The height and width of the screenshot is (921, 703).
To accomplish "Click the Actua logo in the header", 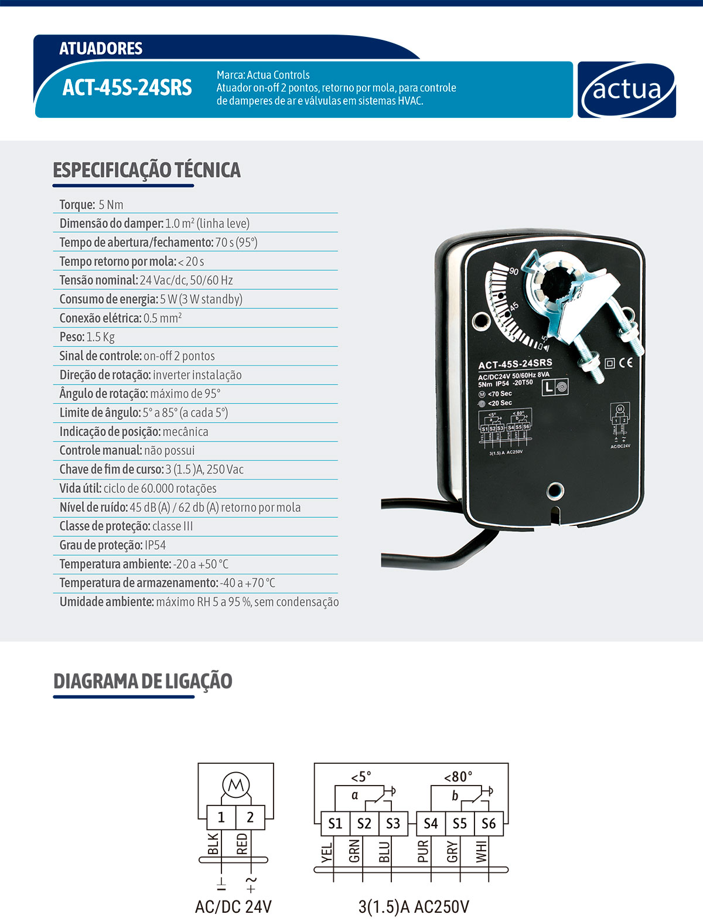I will [x=626, y=90].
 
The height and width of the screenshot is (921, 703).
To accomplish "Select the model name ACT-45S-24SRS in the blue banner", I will [x=127, y=88].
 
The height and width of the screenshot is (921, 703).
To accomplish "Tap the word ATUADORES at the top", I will [x=101, y=48].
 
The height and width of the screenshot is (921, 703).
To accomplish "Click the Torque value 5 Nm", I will [x=111, y=205].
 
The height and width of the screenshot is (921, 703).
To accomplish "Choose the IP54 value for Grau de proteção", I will [x=155, y=545].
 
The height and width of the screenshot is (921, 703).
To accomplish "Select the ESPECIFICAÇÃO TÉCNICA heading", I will [x=146, y=170].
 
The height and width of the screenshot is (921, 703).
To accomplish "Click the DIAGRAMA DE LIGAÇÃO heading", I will [x=142, y=681].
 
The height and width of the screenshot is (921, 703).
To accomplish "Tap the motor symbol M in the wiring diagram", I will [x=236, y=784].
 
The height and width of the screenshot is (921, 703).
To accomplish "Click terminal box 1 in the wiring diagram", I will [x=221, y=817].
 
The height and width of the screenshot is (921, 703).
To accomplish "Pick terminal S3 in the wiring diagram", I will [x=393, y=824].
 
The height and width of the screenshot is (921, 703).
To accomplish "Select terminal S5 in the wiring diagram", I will [x=459, y=824].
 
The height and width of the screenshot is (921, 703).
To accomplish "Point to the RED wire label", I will [x=242, y=845].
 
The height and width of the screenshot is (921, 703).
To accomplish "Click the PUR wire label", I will [x=423, y=851].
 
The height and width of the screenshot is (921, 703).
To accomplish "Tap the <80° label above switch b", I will [x=458, y=777].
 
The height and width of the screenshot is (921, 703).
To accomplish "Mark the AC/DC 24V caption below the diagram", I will [x=233, y=907].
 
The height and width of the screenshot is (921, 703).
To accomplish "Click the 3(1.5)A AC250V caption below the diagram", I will [x=414, y=907].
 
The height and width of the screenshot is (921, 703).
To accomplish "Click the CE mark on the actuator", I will [x=626, y=362].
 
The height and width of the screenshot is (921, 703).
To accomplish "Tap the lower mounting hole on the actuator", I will [x=554, y=490].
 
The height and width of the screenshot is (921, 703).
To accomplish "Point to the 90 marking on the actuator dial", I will [x=514, y=271].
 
